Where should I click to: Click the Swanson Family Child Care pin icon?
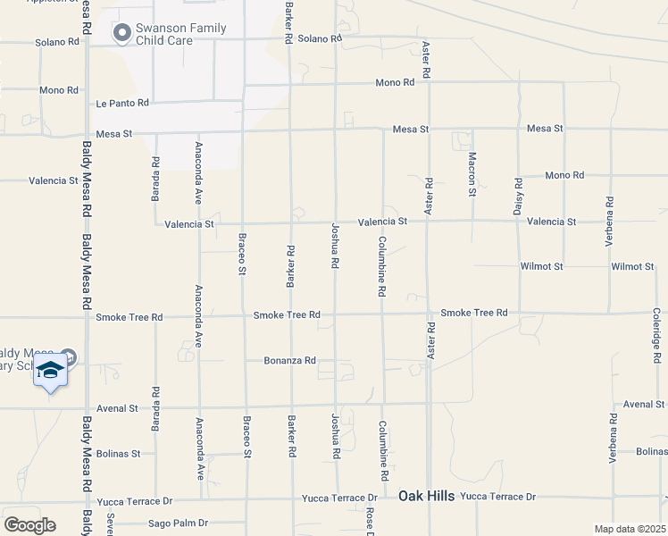point(121,33)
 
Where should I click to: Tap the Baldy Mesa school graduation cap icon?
point(51,370)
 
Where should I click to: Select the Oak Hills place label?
point(427,496)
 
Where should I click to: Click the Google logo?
point(29,525)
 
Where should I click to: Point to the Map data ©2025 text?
point(630,529)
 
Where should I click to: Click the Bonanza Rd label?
point(290,361)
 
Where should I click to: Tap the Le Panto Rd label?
point(122,104)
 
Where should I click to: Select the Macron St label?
point(472,173)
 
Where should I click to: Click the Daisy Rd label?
point(518,194)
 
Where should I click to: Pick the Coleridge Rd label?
point(656,331)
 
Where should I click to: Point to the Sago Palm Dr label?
point(178,523)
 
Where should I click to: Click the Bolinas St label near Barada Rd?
point(118,454)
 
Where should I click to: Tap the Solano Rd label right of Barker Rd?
point(320,39)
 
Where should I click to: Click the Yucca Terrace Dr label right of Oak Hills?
point(498,496)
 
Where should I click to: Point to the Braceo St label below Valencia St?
point(242,255)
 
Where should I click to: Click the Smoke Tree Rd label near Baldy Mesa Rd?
point(129,317)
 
